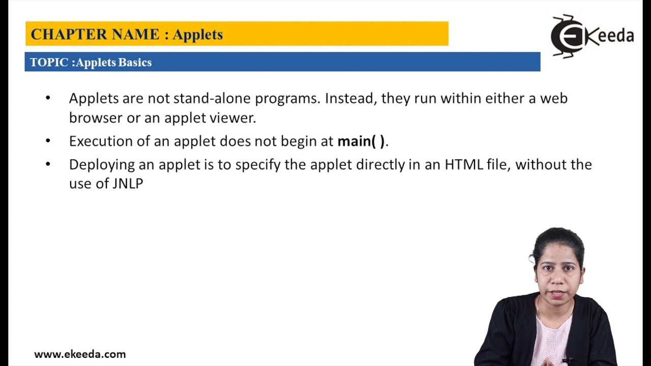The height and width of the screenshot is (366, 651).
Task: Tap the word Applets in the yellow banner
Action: click(197, 35)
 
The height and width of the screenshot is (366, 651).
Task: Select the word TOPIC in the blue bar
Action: click(49, 63)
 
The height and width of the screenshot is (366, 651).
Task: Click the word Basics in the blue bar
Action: click(135, 63)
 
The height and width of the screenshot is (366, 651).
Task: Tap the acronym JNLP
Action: click(128, 184)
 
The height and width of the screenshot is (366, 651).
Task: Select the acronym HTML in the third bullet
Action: click(464, 165)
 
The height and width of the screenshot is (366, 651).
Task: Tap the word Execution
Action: click(101, 141)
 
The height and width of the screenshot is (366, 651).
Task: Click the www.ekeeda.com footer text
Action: click(80, 354)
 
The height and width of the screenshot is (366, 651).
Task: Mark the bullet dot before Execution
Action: click(48, 140)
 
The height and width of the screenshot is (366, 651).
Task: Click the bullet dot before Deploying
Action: click(48, 164)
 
